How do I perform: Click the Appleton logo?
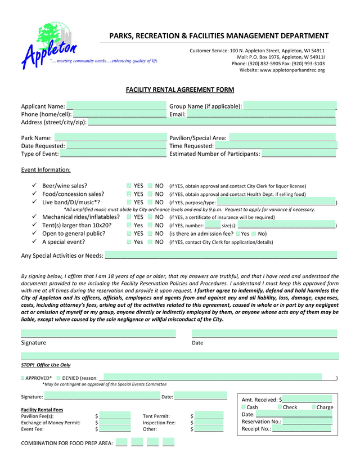point(49,45)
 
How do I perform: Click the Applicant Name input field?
point(116,106)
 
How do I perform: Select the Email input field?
point(261,114)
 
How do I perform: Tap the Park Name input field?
point(110,137)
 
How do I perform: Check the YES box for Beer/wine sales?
point(129,186)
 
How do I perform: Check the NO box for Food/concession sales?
point(150,194)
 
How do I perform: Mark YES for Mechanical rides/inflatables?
point(129,217)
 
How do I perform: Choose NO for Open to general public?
point(150,234)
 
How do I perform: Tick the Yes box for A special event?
point(129,242)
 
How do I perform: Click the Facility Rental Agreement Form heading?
point(179,90)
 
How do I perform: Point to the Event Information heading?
point(46,170)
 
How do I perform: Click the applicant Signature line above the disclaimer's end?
point(98,333)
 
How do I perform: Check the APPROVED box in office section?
point(23,378)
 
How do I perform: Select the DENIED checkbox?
point(58,378)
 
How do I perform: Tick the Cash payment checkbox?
point(244,407)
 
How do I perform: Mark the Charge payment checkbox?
point(313,407)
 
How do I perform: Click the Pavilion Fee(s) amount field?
point(115,416)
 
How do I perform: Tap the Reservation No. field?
point(307,422)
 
